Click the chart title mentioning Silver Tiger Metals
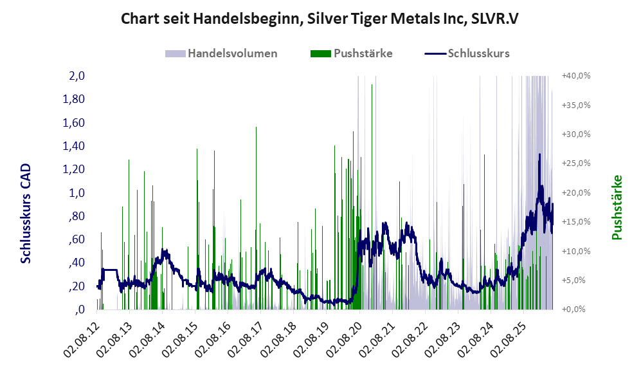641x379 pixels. point(320,19)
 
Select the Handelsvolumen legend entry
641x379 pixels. point(221,53)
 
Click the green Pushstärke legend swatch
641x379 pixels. point(320,53)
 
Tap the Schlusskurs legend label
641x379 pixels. point(479,53)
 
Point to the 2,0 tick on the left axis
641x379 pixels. point(77,76)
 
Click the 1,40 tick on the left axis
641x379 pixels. point(73,145)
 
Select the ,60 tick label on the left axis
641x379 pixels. point(76,239)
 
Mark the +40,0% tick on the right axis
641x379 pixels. point(576,76)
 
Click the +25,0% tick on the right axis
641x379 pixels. point(576,163)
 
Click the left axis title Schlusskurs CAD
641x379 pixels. point(26,214)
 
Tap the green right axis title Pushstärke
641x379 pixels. point(617,207)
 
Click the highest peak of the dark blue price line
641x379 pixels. point(539,154)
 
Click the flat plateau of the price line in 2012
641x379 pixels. point(109,270)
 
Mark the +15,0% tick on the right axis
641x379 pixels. point(576,222)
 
